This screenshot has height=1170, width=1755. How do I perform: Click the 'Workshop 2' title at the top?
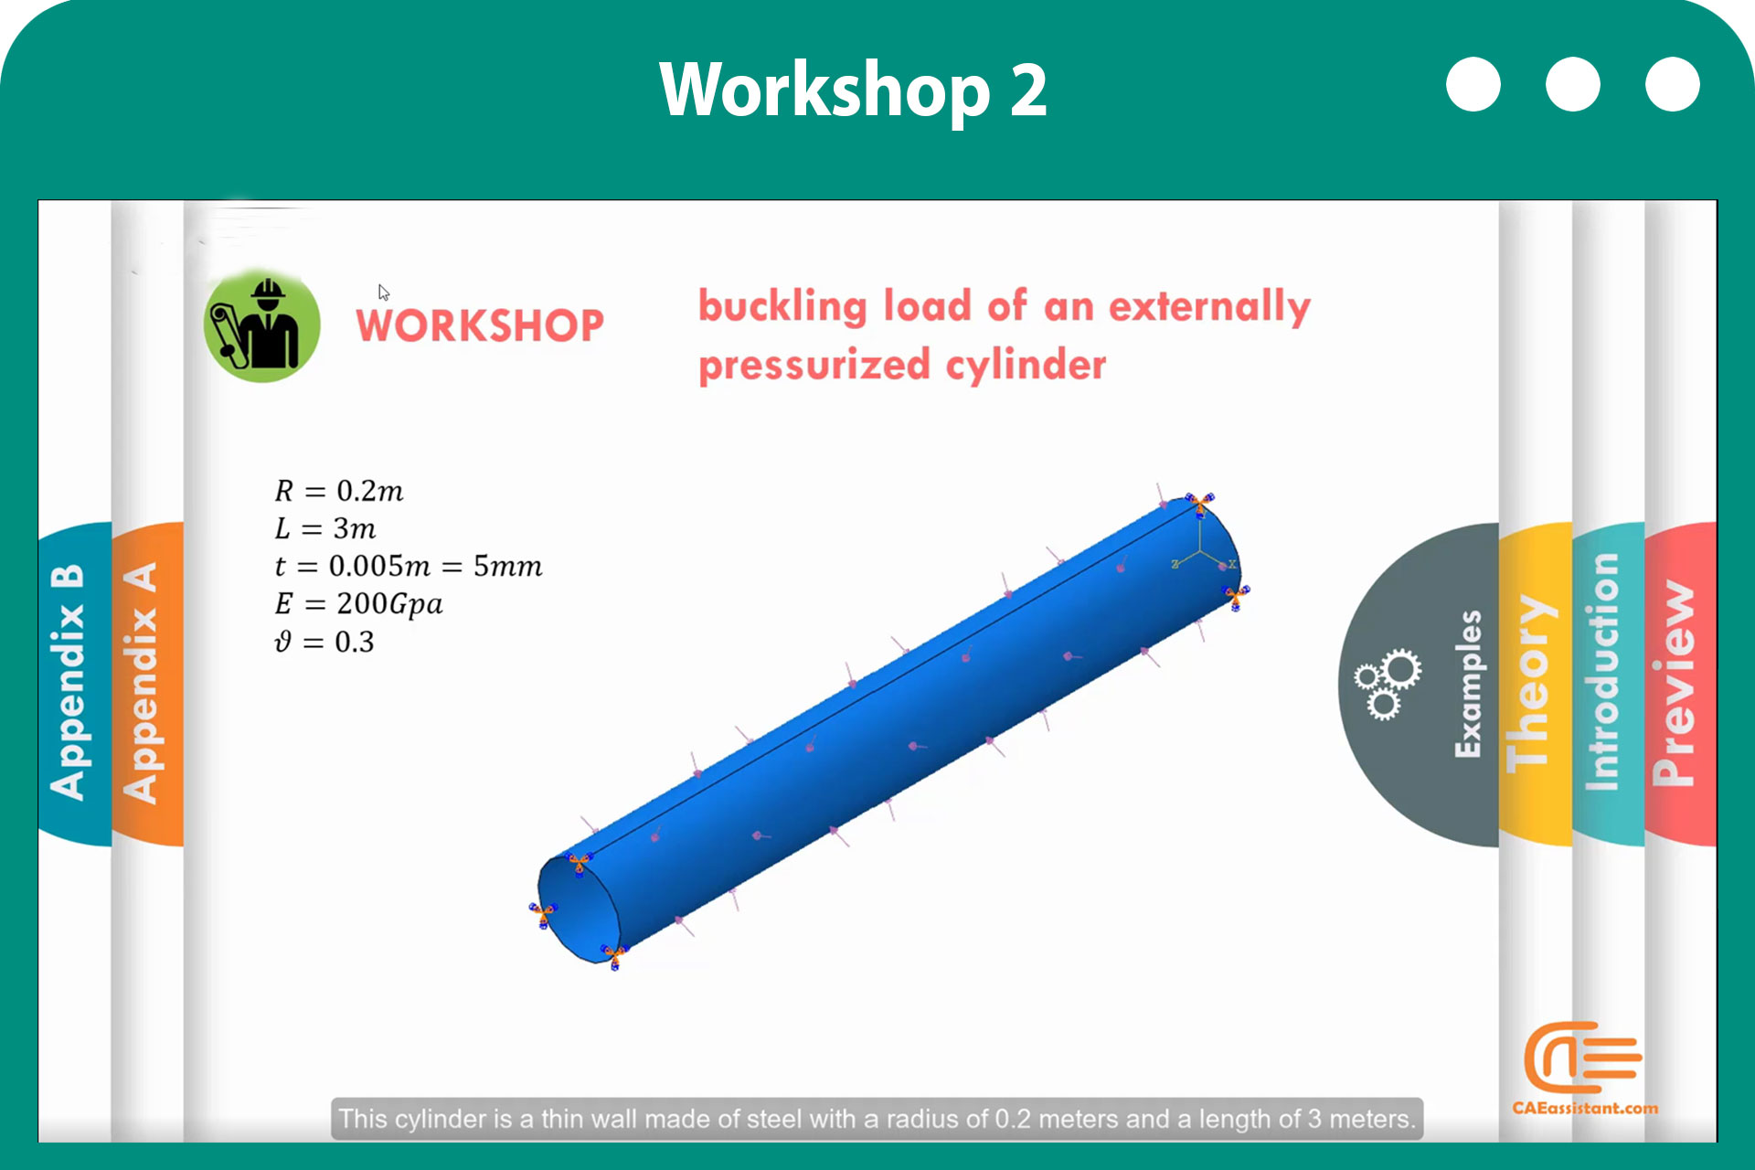(853, 90)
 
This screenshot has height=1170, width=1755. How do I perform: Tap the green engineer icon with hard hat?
(262, 325)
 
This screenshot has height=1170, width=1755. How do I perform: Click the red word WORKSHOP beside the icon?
(480, 325)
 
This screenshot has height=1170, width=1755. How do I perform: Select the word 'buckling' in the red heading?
(782, 307)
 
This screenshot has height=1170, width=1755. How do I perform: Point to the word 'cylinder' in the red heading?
(1026, 366)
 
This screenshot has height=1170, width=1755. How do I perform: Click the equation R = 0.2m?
(339, 491)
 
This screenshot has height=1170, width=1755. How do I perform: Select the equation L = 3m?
(325, 528)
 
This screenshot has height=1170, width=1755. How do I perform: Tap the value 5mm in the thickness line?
(507, 567)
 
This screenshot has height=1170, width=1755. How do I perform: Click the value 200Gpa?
(389, 604)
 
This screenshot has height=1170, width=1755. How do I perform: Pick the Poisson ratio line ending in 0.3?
(324, 642)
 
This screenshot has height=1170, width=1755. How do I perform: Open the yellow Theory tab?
(1534, 684)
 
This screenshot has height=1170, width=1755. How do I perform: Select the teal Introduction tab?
(1607, 684)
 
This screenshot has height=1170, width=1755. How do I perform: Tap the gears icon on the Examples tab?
(1388, 684)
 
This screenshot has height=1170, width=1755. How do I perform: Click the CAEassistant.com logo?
(1584, 1068)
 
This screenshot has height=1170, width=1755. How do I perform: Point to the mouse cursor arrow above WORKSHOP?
(384, 292)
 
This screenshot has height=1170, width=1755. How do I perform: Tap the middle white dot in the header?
(1572, 84)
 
